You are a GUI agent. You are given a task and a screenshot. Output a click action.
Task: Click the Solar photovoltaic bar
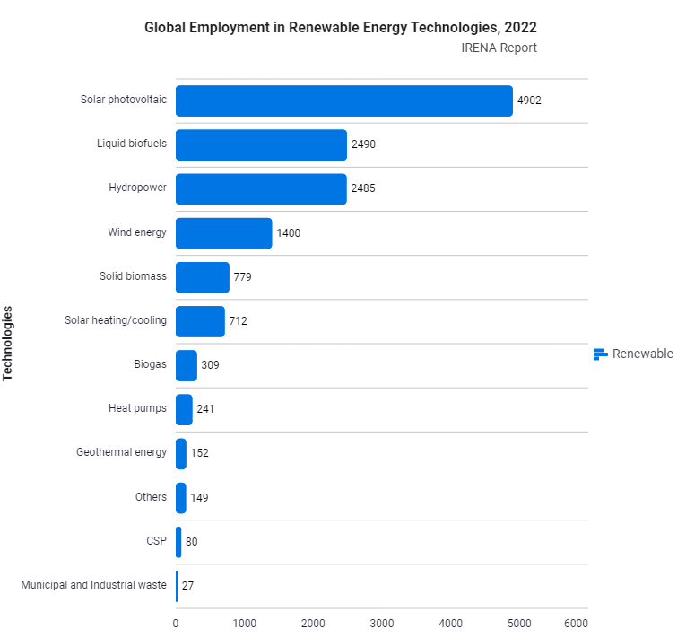click(343, 101)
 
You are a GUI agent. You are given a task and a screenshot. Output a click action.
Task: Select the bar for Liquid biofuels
click(261, 145)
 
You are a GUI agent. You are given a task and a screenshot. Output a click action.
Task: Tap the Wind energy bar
click(223, 233)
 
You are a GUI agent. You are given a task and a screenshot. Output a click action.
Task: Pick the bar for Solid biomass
click(202, 277)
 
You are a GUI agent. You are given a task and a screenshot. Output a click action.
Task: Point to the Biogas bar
click(186, 365)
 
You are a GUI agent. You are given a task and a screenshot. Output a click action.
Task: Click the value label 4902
click(529, 101)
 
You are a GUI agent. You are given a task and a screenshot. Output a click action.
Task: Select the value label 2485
click(363, 189)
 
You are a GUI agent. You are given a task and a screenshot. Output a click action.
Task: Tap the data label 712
click(238, 321)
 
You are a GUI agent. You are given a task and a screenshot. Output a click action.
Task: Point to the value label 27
click(187, 585)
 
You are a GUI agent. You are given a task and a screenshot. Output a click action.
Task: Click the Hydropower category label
click(137, 188)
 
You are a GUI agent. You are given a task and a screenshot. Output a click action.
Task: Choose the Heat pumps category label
click(137, 408)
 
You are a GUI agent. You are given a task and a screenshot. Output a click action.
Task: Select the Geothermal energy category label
click(121, 452)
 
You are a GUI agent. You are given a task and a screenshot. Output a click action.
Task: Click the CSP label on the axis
click(156, 540)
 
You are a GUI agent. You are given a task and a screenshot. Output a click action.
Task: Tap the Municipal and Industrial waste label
click(93, 585)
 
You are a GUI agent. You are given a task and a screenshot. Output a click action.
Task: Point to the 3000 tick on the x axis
click(382, 623)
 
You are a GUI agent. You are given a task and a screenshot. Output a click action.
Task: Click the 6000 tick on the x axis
click(576, 623)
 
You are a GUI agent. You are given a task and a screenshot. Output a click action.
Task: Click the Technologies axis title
click(9, 344)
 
